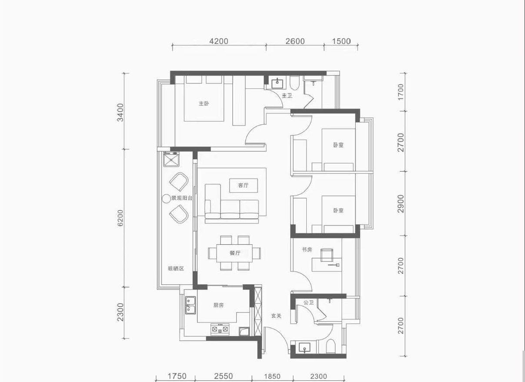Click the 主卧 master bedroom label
pyautogui.click(x=204, y=103)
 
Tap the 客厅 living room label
pyautogui.click(x=243, y=185)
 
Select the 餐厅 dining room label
pyautogui.click(x=235, y=253)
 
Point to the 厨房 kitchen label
pyautogui.click(x=218, y=305)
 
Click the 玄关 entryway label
pyautogui.click(x=276, y=316)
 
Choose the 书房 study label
pyautogui.click(x=307, y=250)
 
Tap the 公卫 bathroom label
pyautogui.click(x=308, y=302)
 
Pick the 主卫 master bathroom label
pyautogui.click(x=287, y=96)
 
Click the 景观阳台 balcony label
pyautogui.click(x=182, y=198)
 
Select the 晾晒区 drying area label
pyautogui.click(x=176, y=269)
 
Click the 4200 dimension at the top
pyautogui.click(x=219, y=41)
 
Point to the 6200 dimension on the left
pyautogui.click(x=120, y=218)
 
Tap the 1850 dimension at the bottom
pyautogui.click(x=272, y=376)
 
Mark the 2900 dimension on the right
pyautogui.click(x=401, y=203)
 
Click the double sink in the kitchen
pyautogui.click(x=191, y=305)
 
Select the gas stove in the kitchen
pyautogui.click(x=220, y=329)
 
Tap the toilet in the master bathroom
pyautogui.click(x=294, y=83)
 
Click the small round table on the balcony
pyautogui.click(x=166, y=199)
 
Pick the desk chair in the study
pyautogui.click(x=327, y=255)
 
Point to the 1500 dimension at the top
pyautogui.click(x=341, y=41)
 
